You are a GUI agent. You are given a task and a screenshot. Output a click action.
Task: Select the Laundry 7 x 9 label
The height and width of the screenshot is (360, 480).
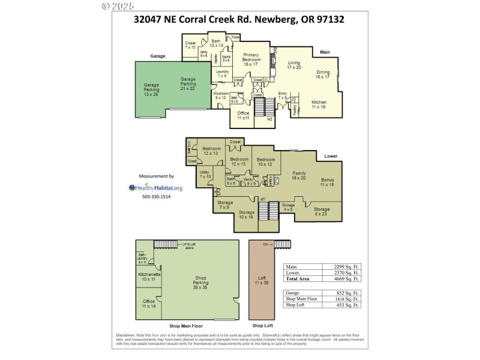click(x=222, y=74)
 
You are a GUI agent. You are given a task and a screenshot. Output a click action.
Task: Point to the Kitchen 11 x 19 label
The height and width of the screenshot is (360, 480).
click(x=319, y=104)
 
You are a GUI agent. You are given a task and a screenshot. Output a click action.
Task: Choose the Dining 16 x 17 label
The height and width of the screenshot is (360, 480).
click(x=323, y=74)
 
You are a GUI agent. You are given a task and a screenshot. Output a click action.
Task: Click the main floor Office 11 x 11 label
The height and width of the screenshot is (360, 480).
click(x=243, y=116)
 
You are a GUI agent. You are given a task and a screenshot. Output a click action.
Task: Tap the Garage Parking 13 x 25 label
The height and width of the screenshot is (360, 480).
click(x=151, y=90)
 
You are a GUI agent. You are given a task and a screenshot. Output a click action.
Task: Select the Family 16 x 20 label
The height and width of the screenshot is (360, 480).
click(x=298, y=176)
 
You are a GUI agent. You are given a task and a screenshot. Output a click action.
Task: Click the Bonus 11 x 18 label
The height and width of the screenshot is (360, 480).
click(x=327, y=182)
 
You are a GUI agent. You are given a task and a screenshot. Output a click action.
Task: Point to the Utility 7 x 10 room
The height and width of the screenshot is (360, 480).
click(x=205, y=175)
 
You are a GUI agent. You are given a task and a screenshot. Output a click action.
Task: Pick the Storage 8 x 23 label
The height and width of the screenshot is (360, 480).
click(x=322, y=212)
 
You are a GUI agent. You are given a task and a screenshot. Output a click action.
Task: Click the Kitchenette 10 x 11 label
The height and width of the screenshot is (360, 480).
click(x=148, y=277)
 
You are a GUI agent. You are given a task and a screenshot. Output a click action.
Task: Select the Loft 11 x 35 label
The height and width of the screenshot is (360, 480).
click(x=262, y=280)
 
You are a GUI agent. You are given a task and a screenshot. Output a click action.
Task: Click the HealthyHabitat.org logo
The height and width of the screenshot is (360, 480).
click(x=155, y=188)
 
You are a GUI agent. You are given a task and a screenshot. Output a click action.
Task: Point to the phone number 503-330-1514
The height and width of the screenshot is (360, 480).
click(x=156, y=197)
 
